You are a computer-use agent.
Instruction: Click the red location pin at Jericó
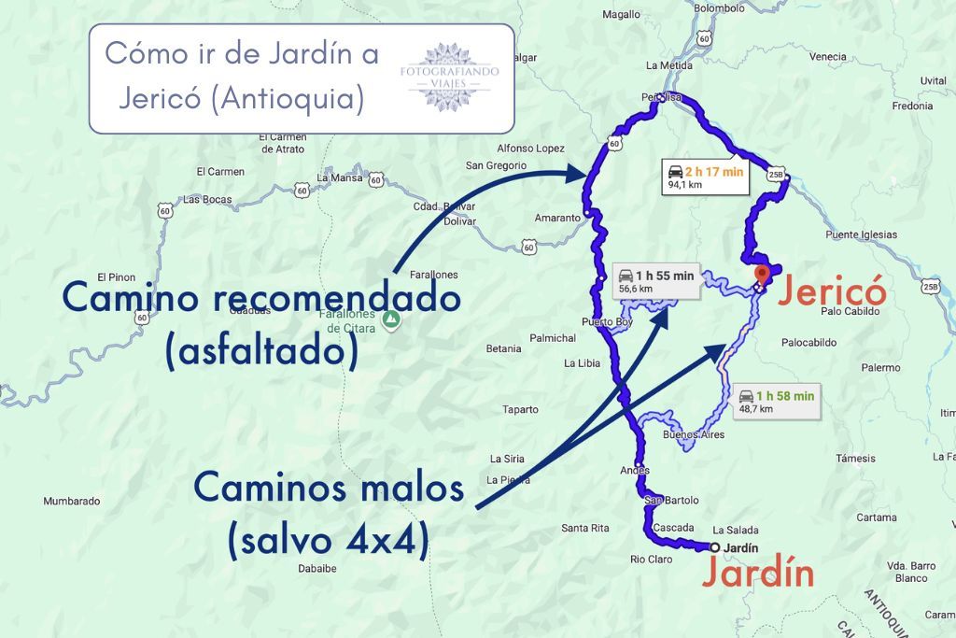(762, 275)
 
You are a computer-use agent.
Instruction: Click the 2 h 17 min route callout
(706, 177)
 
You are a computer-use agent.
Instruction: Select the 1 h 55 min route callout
(655, 280)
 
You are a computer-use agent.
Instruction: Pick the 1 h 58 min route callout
(776, 401)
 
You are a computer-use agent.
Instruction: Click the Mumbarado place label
(71, 502)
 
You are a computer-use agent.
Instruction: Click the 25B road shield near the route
(776, 175)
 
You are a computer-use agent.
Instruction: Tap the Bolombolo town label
(719, 8)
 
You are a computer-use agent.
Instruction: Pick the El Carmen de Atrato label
(281, 143)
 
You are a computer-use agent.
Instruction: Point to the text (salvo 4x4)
(328, 542)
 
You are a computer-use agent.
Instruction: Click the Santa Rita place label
(585, 528)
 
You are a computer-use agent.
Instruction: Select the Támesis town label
(855, 459)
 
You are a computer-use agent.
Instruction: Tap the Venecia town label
(827, 57)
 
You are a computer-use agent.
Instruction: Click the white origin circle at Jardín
(714, 547)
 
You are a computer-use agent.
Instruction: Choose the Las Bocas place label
(207, 199)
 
